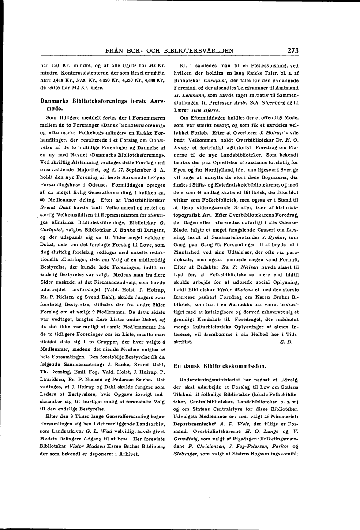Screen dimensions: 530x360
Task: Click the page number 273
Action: click(293, 50)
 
